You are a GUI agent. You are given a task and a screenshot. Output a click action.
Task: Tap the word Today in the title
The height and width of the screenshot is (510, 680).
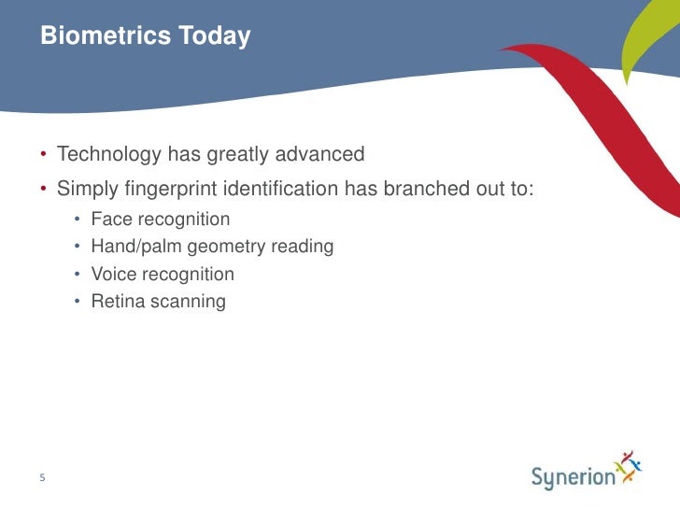pyautogui.click(x=213, y=36)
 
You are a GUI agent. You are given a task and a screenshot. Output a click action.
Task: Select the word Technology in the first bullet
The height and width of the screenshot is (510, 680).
pyautogui.click(x=108, y=153)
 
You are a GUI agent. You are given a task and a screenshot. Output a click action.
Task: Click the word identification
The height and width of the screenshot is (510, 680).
pyautogui.click(x=279, y=189)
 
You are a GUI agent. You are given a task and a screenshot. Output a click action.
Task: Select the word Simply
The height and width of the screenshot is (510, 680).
pyautogui.click(x=86, y=190)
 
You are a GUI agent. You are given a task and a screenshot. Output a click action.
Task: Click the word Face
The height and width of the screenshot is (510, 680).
pyautogui.click(x=110, y=220)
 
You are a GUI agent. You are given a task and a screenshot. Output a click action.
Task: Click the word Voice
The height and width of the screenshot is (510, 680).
pyautogui.click(x=113, y=275)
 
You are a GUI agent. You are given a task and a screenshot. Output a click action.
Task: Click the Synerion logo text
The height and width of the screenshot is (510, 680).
pyautogui.click(x=574, y=477)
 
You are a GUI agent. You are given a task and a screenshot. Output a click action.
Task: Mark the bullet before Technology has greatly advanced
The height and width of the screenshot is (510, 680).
pyautogui.click(x=42, y=153)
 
